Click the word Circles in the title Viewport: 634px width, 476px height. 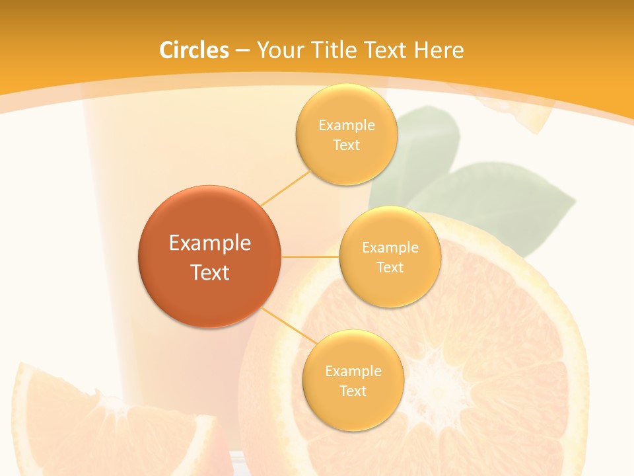(x=194, y=50)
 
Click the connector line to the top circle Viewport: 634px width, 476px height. (x=285, y=187)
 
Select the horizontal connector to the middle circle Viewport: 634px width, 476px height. (x=310, y=257)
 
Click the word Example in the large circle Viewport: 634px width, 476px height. (x=210, y=243)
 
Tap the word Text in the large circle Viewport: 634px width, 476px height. (x=210, y=272)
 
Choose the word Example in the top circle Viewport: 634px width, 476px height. (x=346, y=125)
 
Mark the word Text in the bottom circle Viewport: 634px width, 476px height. (x=353, y=391)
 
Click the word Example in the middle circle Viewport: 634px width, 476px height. (x=390, y=247)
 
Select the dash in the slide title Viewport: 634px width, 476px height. (x=242, y=51)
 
